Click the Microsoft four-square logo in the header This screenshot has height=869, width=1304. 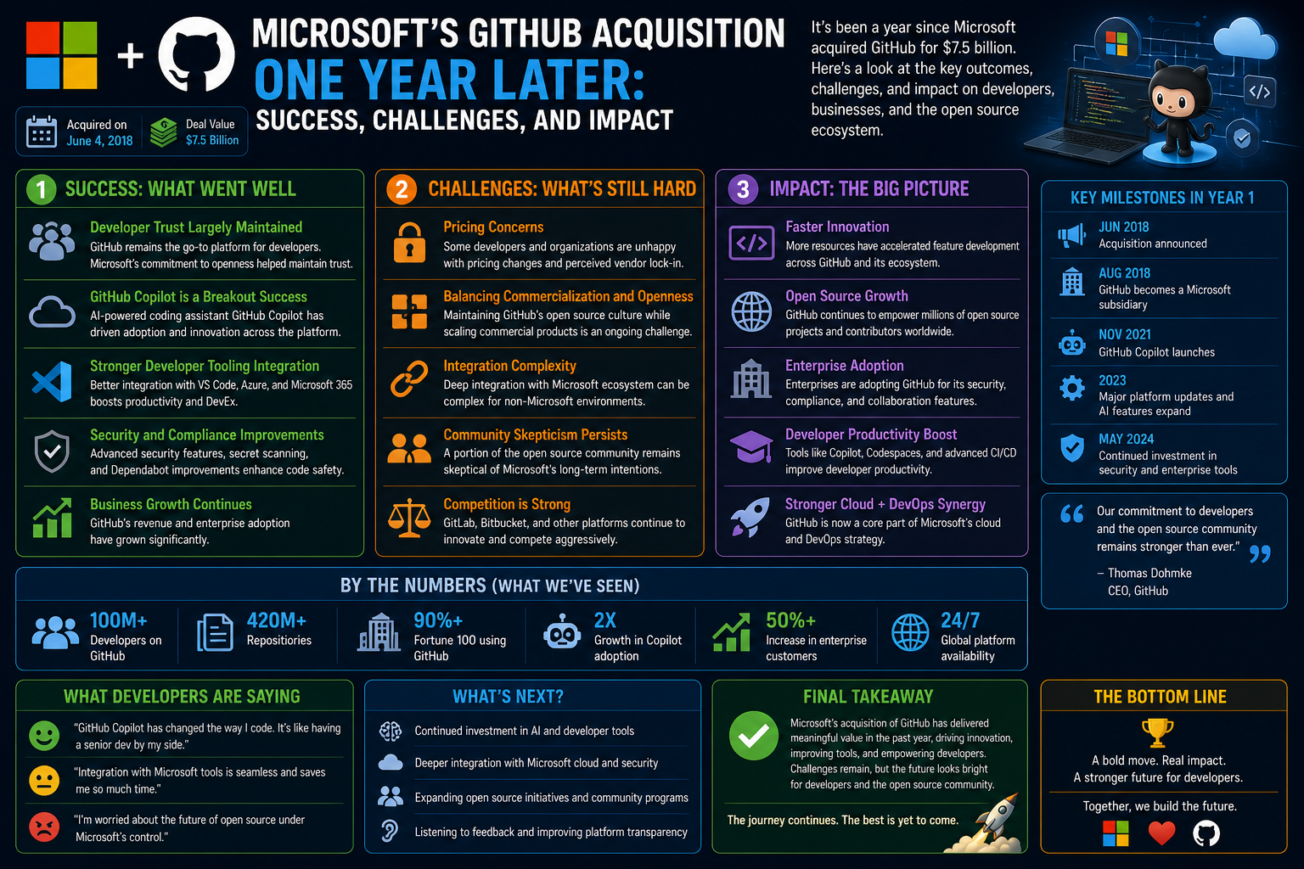(x=62, y=55)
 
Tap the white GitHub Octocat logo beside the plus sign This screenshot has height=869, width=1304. (x=197, y=54)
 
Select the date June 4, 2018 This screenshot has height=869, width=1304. (x=99, y=141)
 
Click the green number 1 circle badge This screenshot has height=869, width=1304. (x=41, y=189)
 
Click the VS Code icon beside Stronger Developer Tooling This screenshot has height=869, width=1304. (x=53, y=382)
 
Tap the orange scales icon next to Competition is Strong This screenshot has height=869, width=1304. (x=409, y=518)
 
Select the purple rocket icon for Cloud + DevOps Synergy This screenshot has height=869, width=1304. (x=751, y=517)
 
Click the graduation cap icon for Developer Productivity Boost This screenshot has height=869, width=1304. (x=751, y=446)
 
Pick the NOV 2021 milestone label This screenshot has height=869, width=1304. (x=1125, y=334)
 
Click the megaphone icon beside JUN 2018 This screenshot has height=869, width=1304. (x=1071, y=235)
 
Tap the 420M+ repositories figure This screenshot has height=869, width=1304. (x=277, y=620)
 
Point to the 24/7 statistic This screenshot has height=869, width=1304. (x=960, y=620)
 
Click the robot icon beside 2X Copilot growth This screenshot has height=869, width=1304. (x=562, y=631)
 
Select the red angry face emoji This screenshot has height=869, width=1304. (x=44, y=827)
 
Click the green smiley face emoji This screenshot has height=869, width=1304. (x=44, y=735)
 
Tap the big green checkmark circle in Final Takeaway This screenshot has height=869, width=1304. (x=754, y=736)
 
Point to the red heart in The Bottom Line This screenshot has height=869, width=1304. (x=1162, y=833)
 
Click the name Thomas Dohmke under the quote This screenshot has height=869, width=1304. (x=1149, y=574)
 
